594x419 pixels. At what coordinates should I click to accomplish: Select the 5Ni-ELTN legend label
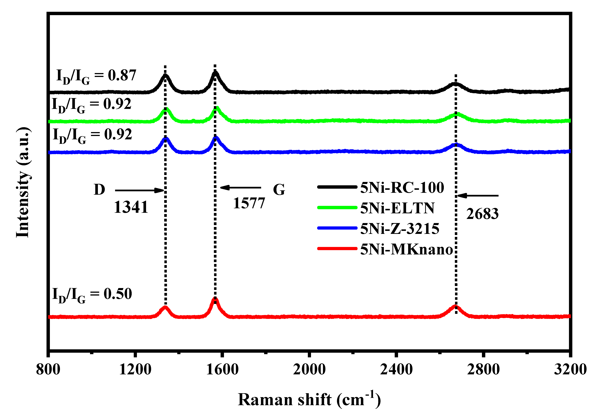(x=397, y=208)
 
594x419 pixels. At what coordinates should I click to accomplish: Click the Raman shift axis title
(x=309, y=400)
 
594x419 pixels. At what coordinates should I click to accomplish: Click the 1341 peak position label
(x=131, y=207)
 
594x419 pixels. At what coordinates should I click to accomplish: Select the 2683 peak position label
(x=482, y=214)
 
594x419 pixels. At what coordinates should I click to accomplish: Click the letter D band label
(x=99, y=190)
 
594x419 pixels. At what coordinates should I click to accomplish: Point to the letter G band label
(x=279, y=190)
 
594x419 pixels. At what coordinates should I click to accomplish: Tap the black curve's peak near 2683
(x=455, y=84)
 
